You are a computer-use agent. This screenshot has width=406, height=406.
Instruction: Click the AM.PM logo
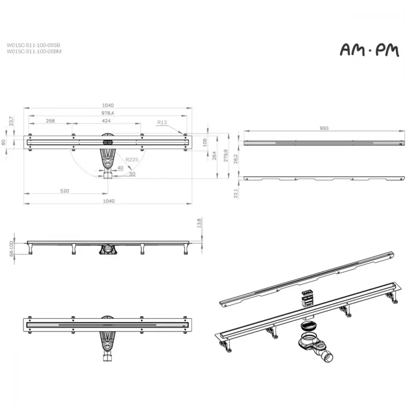369,50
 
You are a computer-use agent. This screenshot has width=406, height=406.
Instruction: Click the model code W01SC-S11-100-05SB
33,45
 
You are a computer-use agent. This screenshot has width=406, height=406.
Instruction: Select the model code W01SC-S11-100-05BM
34,51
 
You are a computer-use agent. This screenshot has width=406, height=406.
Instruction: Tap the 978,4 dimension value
108,113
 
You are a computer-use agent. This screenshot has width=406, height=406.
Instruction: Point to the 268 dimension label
50,121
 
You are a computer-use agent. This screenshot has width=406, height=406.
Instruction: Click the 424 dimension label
106,121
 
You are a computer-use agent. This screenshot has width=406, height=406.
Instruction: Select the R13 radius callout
162,122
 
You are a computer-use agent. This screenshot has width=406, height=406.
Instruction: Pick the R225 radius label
132,160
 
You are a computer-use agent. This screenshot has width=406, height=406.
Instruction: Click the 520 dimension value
65,191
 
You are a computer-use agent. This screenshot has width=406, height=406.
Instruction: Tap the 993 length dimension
324,128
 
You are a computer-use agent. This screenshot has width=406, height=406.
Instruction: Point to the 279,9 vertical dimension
226,155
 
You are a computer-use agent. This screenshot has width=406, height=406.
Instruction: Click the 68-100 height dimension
11,249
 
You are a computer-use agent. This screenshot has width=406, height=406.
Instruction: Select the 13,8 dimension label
199,223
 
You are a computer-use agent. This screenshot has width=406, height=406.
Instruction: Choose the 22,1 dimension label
236,193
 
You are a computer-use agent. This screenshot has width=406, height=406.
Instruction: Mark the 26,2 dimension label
235,159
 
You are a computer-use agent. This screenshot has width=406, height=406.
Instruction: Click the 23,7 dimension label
11,121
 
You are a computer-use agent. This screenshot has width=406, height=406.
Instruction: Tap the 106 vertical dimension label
205,143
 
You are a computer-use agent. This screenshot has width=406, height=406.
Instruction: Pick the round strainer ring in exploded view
308,326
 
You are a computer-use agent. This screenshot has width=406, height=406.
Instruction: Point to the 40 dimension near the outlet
121,168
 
